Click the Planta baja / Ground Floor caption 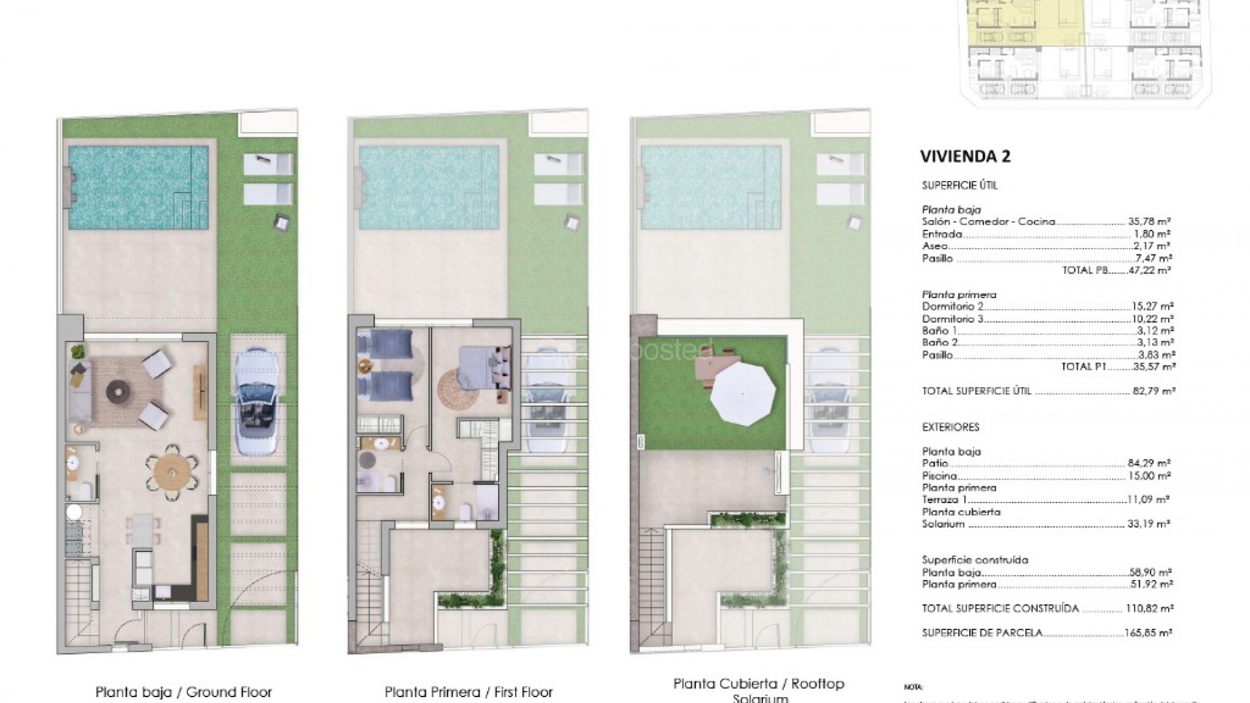(x=184, y=692)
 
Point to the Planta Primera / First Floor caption (x=468, y=692)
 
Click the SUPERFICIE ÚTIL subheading (x=951, y=186)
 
